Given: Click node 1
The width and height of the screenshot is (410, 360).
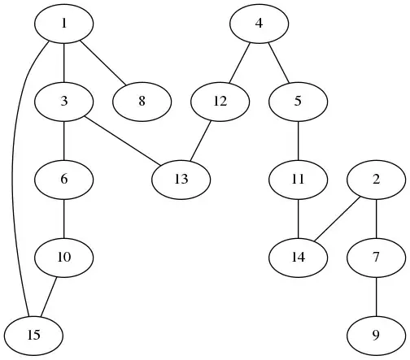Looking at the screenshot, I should (63, 24).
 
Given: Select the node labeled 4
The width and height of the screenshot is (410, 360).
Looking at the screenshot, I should (259, 24).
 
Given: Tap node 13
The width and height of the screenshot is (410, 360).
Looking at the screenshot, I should (181, 178).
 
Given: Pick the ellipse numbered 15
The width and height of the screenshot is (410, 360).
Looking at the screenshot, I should (33, 334).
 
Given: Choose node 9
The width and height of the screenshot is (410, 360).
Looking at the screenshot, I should (376, 334).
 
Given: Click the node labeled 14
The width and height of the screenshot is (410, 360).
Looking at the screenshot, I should (299, 256).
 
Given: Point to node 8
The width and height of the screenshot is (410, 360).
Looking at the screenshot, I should (142, 102).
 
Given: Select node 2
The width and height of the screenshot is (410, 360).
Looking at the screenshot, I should (376, 179).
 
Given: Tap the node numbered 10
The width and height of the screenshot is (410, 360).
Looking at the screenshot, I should (63, 257).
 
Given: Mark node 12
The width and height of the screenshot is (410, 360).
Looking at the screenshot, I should (220, 102).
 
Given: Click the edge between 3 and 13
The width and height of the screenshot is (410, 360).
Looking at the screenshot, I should (122, 140).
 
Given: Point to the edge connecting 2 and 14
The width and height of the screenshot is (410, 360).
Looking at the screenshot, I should (338, 218).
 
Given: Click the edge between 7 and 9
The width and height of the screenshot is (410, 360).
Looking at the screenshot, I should (376, 295).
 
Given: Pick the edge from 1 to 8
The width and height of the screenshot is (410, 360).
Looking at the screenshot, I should (102, 63).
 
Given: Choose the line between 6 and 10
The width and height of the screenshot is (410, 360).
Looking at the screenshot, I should (63, 218).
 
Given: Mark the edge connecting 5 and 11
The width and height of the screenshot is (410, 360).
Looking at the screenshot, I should (299, 140).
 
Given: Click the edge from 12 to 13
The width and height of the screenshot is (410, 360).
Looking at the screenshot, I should (200, 140).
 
